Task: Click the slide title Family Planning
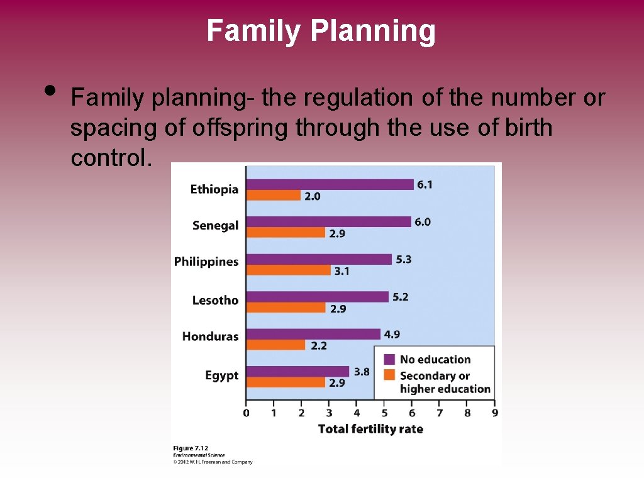321,30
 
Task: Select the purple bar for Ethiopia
330,184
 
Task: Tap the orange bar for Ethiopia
273,196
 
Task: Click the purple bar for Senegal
328,222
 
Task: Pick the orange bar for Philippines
288,270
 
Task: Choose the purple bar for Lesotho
317,297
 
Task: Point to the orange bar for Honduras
275,345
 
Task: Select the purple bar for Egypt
297,372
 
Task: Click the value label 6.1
425,184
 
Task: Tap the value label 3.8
362,372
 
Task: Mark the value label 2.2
319,345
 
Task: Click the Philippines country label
206,262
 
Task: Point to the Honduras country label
210,336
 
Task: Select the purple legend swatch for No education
389,359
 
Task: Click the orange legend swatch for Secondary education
389,375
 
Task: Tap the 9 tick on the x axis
495,413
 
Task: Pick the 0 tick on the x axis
246,413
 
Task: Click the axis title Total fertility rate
370,429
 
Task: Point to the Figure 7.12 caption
191,448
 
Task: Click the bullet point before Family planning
51,90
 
